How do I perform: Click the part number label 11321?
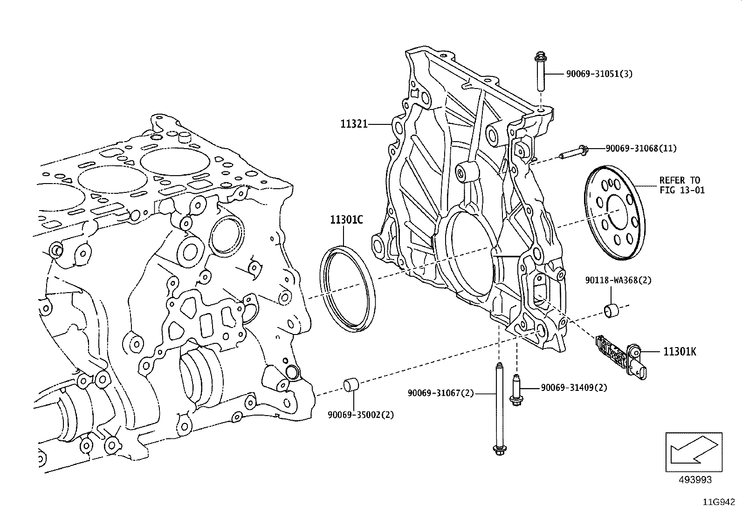(x=354, y=124)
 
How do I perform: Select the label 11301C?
(x=346, y=219)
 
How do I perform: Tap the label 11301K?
(x=680, y=352)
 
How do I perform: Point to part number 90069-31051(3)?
(x=599, y=74)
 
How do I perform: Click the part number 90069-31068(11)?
(x=641, y=148)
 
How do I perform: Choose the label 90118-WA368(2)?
(x=618, y=280)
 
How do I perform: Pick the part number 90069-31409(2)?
(x=574, y=388)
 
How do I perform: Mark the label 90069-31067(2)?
(x=441, y=393)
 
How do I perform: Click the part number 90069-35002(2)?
(x=361, y=415)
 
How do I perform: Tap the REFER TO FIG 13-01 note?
(x=682, y=185)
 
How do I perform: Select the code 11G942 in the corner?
(x=719, y=502)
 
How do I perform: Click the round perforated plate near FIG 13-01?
(x=615, y=212)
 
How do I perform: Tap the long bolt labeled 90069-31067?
(x=500, y=410)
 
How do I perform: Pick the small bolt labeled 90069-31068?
(x=573, y=152)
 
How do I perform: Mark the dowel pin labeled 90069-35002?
(x=351, y=385)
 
